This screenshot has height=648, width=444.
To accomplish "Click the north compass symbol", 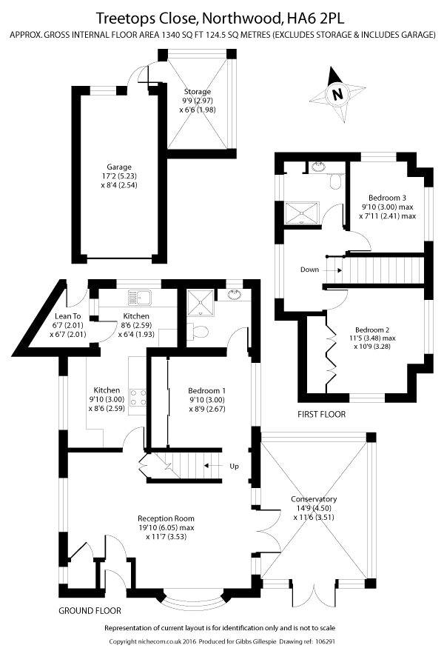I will click(x=337, y=95).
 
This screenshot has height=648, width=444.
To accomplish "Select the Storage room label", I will click(x=197, y=92).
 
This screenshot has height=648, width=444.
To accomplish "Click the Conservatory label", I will click(x=314, y=499).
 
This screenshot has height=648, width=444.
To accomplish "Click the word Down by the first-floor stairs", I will click(x=310, y=270).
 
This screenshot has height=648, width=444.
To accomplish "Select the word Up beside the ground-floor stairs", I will click(x=235, y=466).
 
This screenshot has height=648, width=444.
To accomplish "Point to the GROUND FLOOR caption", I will click(x=90, y=611).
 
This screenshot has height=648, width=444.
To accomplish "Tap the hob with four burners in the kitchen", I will click(x=136, y=397).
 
